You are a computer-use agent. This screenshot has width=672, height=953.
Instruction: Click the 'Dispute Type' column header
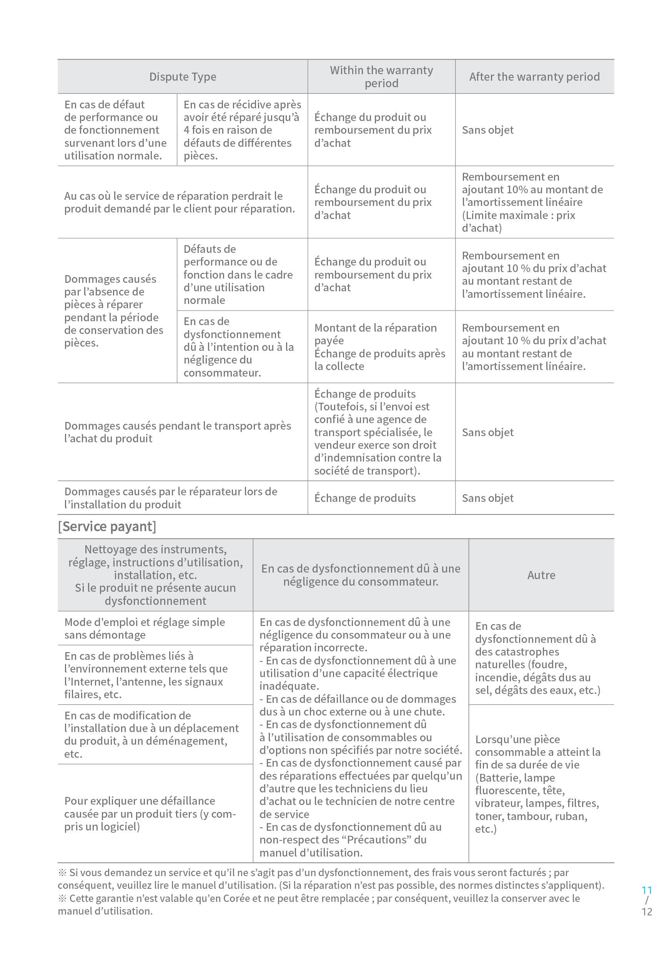(182, 77)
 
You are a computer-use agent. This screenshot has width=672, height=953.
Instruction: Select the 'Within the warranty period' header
(381, 77)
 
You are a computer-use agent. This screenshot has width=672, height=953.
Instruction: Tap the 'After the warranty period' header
(534, 77)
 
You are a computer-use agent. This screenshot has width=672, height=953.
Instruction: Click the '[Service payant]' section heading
(107, 526)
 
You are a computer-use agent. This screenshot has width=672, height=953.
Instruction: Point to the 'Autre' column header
(541, 575)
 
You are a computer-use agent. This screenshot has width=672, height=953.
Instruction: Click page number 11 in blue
(646, 890)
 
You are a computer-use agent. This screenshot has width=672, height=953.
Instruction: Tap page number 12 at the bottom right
(646, 912)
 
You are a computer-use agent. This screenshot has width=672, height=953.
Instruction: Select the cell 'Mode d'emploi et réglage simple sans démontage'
(145, 628)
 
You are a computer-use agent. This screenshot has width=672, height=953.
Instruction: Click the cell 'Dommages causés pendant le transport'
(177, 432)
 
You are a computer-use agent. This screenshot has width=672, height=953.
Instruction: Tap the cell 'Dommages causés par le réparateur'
(171, 498)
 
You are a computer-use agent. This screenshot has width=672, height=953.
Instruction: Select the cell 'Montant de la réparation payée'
(379, 347)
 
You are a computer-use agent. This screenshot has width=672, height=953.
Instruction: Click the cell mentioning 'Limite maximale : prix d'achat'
(532, 202)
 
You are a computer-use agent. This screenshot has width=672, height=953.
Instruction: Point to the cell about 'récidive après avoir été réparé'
(242, 130)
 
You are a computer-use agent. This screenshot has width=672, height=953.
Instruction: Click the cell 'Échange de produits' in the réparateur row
(365, 498)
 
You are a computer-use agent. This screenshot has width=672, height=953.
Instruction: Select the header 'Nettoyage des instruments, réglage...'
(155, 575)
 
